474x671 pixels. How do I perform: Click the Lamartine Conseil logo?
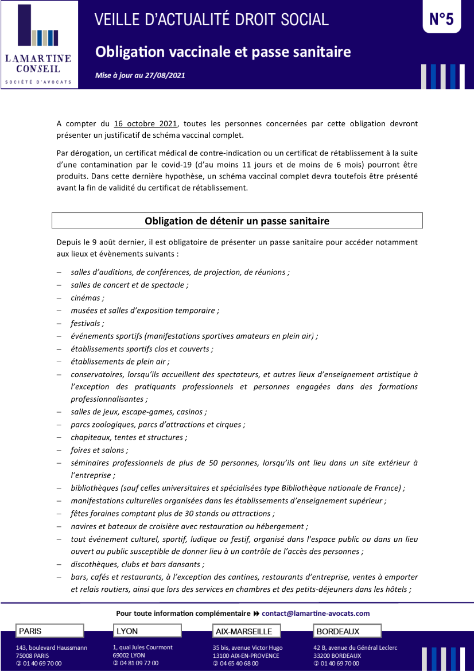pos(38,45)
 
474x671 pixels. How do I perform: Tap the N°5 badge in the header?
pos(441,19)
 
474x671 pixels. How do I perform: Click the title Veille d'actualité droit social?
pos(212,20)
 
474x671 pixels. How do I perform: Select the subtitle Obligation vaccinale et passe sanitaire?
pos(223,52)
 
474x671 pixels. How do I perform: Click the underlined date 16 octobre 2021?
pos(146,123)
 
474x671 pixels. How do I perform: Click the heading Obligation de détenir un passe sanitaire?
pos(237,221)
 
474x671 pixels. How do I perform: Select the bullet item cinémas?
pos(87,298)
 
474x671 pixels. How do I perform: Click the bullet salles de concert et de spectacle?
pos(130,285)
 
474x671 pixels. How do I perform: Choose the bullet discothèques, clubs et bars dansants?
pos(138,564)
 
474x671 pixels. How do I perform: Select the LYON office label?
pos(127,631)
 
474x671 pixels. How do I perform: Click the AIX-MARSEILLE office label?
pos(244,631)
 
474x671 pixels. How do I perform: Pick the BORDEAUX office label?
pos(338,631)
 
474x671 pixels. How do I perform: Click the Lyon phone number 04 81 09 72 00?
pos(138,663)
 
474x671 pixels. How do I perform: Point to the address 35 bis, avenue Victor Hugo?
pos(247,647)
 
